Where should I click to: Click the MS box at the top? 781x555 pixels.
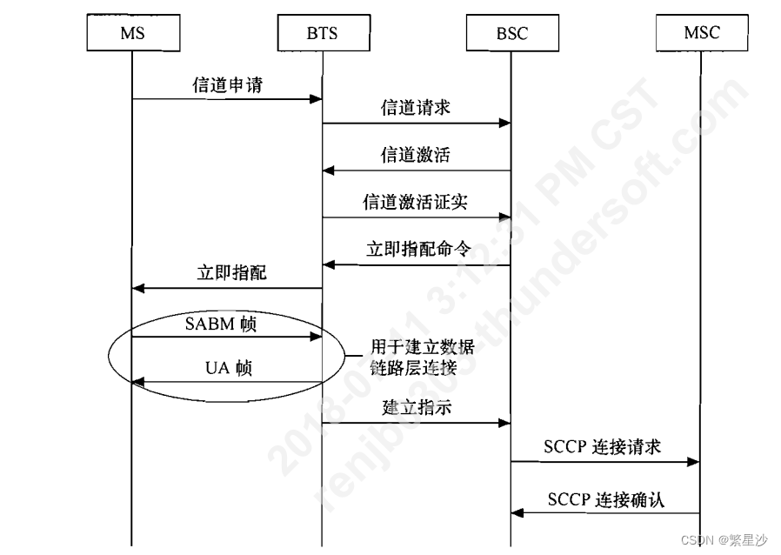click(x=132, y=33)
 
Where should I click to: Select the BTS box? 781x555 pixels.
click(x=322, y=33)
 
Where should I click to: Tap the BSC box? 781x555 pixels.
click(x=510, y=33)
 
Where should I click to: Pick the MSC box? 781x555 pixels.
click(x=701, y=33)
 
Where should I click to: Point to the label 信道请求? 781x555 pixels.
click(x=415, y=108)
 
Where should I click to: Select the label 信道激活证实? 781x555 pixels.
click(x=415, y=202)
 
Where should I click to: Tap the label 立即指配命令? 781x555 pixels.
click(x=418, y=249)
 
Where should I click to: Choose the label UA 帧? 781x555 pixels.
click(x=228, y=368)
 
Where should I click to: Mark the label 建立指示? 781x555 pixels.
click(x=417, y=406)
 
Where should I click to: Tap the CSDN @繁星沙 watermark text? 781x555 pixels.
click(x=724, y=539)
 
